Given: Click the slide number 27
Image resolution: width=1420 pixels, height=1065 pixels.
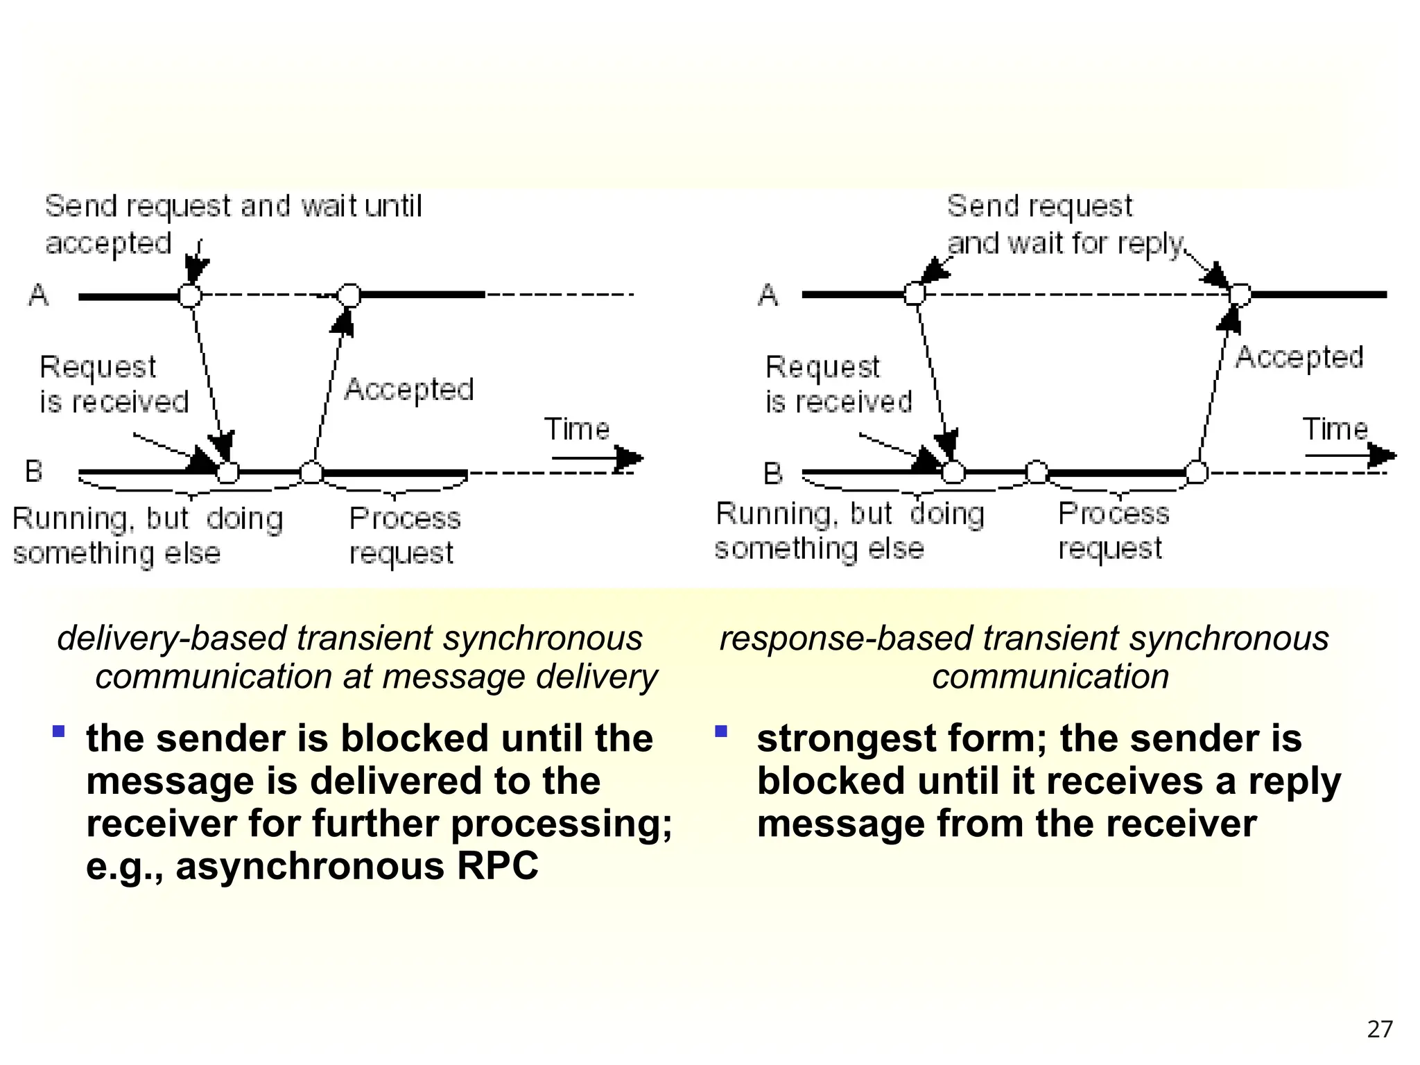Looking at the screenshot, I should [1379, 1029].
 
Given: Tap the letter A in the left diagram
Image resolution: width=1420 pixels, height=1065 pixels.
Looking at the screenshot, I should [39, 296].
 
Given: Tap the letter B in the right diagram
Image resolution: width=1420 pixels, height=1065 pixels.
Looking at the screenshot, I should [772, 474].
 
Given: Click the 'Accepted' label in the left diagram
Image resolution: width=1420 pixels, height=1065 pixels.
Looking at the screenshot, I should [409, 390].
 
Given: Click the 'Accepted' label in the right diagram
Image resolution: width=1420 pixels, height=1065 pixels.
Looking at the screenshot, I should [1299, 358].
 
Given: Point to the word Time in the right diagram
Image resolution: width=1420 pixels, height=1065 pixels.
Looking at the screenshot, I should [1335, 429].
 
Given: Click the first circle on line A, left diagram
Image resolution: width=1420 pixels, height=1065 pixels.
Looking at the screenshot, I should [190, 295].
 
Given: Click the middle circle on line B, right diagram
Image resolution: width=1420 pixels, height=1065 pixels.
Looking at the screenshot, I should [1037, 472].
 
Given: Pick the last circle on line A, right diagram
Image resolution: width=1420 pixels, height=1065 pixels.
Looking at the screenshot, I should [1240, 295].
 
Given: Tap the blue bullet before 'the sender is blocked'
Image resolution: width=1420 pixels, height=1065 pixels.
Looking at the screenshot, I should [59, 731].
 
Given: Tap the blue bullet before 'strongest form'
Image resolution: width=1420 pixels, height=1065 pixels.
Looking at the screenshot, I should [721, 731].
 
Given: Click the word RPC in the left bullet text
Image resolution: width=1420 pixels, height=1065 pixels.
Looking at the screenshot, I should [497, 866].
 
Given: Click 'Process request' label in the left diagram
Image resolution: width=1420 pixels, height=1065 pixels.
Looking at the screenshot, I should [404, 535].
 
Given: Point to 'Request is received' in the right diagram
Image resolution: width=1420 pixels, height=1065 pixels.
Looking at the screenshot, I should [838, 384].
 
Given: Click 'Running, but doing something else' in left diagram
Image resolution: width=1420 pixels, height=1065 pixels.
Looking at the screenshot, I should [147, 535].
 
